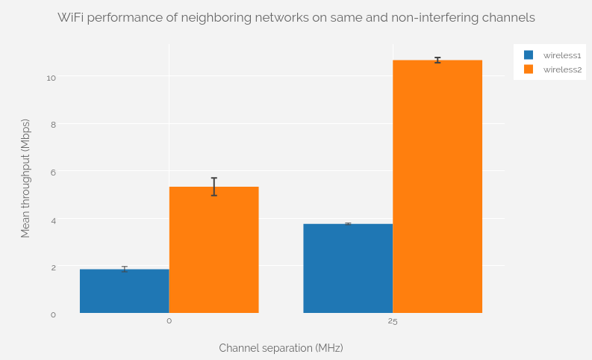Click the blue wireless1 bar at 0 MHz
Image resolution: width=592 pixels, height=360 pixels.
point(124,291)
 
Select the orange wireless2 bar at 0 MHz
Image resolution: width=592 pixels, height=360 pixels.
point(214,250)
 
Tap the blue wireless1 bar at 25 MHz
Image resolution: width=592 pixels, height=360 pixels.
point(348,268)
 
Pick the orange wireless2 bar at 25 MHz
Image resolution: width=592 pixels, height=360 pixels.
point(437,187)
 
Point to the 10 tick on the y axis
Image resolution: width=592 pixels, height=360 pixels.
point(51,77)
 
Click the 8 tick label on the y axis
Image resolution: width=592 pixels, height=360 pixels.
point(53,125)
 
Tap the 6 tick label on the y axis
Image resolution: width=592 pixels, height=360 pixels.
point(53,173)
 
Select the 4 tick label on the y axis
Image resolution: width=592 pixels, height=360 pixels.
point(53,220)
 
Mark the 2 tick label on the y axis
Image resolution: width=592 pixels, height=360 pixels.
point(53,267)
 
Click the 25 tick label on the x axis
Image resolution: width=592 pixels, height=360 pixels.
point(393,321)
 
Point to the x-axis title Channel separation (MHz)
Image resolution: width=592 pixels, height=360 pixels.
point(281,348)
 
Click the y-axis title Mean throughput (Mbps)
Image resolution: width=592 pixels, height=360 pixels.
point(25,179)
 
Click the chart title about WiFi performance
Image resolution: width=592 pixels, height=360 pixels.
point(296,17)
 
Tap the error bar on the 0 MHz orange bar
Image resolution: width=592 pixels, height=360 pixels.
point(214,187)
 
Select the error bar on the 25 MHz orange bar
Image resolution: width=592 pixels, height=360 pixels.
point(437,60)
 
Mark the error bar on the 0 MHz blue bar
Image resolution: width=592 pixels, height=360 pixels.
point(124,269)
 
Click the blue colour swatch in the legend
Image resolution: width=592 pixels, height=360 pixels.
point(529,55)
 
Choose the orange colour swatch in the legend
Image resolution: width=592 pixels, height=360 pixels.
point(529,69)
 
